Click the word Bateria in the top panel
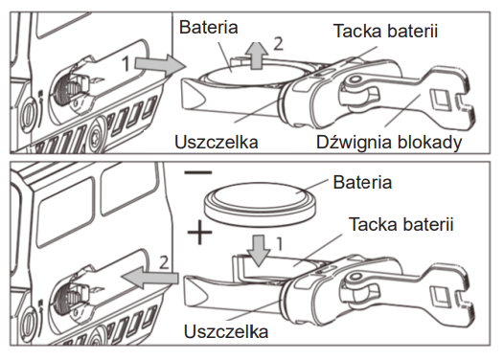pos(208,28)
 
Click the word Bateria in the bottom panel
pos(362,183)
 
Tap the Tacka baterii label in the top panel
pos(386,32)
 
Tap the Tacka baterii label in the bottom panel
pos(401,224)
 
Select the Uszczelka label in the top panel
pos(217,142)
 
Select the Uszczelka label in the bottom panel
pos(226,331)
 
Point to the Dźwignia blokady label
pos(389,143)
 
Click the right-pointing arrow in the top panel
pos(161,65)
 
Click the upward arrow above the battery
pos(256,56)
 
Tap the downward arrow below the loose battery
pos(259,251)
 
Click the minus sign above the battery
pos(198,172)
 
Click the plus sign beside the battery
pos(200,233)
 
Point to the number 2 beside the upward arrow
pos(279,44)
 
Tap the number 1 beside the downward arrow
pos(280,244)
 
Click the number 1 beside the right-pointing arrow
pos(126,63)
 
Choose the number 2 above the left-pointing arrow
pos(164,262)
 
